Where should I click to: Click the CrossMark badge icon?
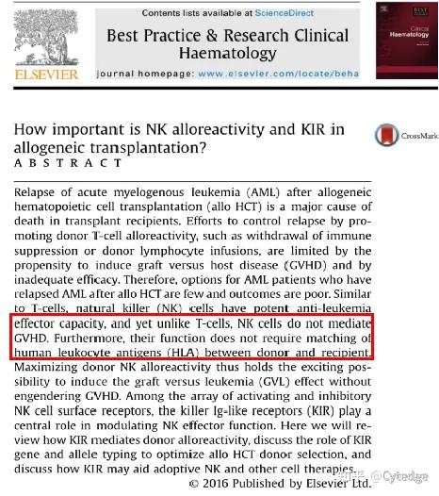[x=384, y=135]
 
